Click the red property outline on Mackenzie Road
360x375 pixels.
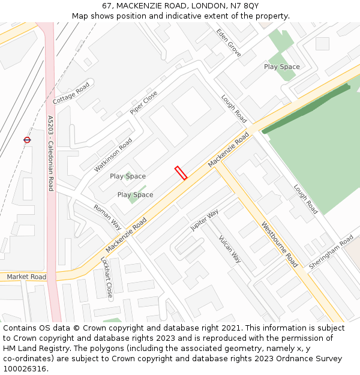pos(181,173)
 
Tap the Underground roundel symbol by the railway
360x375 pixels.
pos(27,140)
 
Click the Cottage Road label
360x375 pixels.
pos(71,94)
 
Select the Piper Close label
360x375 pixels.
pos(144,102)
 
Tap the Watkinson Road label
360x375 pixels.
pos(113,155)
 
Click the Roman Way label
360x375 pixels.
pos(107,217)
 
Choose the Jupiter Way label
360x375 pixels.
pos(205,221)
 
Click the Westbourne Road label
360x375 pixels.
pos(279,244)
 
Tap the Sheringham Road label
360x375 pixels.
pos(331,252)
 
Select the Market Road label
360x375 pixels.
pos(26,277)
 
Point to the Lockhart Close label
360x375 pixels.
pos(106,278)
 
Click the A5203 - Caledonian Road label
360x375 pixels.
pos(50,153)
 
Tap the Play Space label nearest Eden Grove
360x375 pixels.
pos(282,67)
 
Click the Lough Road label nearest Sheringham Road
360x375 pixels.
pos(305,199)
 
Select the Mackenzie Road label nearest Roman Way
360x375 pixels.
pos(126,235)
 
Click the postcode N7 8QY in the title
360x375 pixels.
pos(245,5)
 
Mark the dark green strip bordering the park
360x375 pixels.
pos(306,109)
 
